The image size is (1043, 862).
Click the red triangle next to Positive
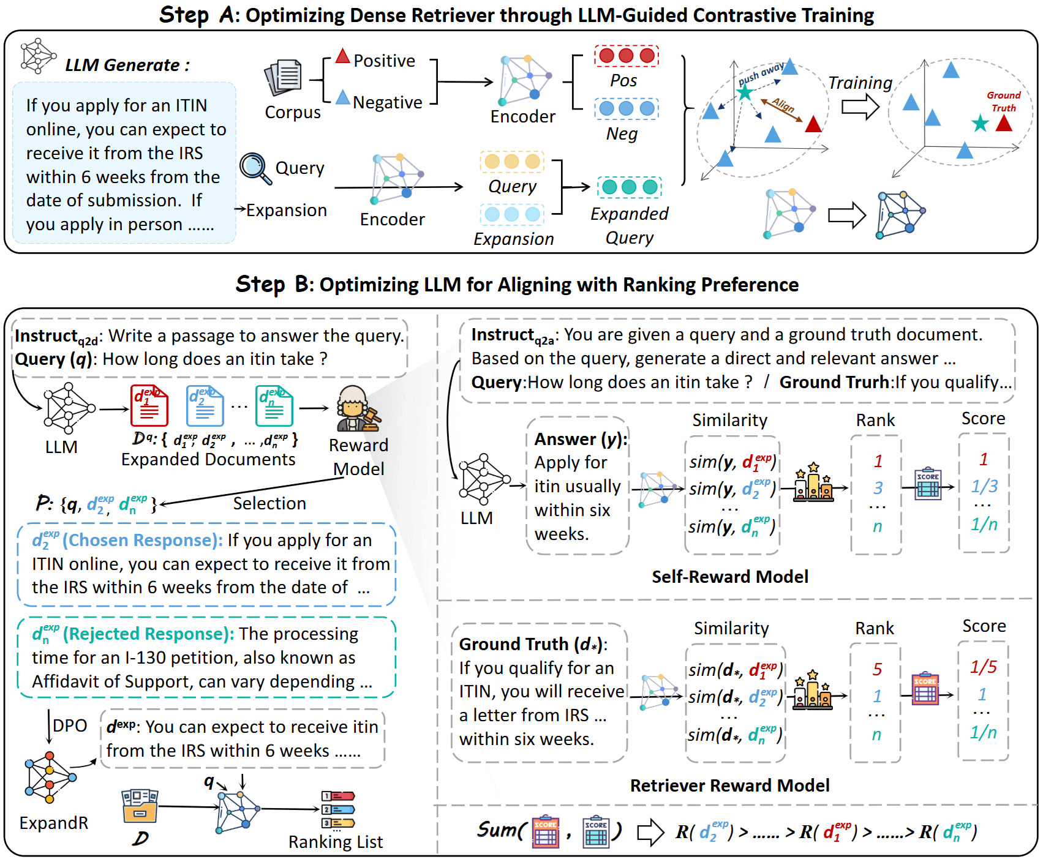[342, 57]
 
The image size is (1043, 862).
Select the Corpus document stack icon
[284, 78]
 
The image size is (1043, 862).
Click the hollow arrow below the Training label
[860, 107]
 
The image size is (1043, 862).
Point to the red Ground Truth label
[1003, 101]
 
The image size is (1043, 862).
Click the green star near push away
[744, 92]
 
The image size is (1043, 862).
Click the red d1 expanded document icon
[149, 406]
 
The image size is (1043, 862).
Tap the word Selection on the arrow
[269, 503]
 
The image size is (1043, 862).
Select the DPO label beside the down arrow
[70, 725]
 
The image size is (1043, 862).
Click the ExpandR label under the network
[54, 823]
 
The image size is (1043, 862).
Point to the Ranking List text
[336, 842]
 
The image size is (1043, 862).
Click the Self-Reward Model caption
[729, 577]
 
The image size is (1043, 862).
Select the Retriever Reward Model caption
[729, 785]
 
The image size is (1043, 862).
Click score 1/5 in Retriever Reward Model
[983, 667]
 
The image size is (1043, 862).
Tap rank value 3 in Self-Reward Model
[878, 488]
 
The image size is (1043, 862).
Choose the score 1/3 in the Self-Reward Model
[984, 486]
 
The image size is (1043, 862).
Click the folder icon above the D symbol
[140, 806]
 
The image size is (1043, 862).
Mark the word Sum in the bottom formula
[497, 830]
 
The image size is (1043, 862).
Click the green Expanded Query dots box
[629, 187]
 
